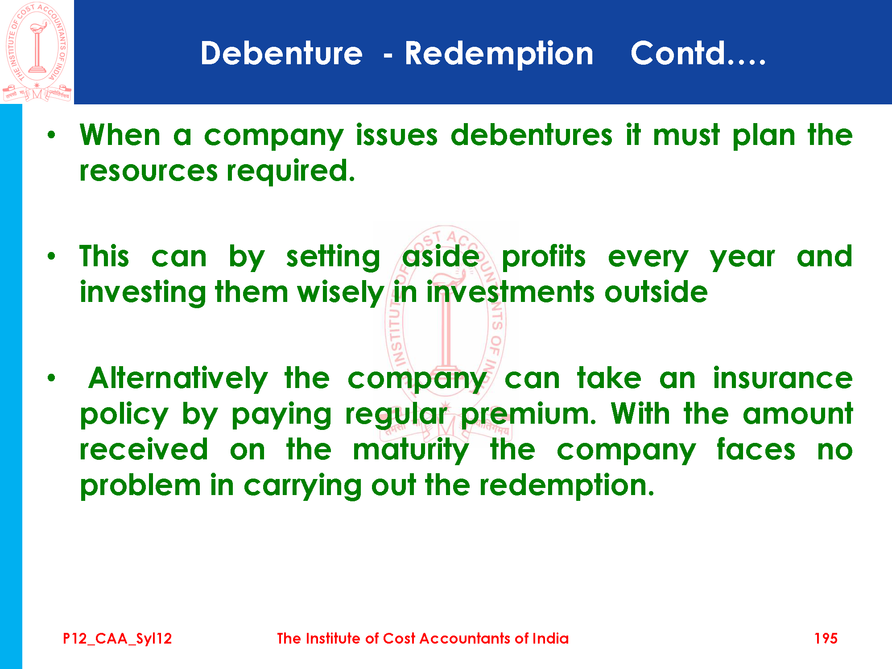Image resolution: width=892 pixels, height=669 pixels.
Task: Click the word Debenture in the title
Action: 281,54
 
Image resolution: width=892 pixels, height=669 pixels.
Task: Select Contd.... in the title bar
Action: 698,54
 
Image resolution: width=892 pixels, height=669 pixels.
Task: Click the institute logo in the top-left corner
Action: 37,52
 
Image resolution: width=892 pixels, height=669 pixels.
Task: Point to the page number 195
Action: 826,638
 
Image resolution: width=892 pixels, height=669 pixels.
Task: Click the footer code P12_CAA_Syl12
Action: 117,639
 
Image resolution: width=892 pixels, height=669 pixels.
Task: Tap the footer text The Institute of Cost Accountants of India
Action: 422,638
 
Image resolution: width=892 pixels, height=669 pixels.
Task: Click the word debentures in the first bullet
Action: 532,135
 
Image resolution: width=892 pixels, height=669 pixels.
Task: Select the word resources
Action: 149,171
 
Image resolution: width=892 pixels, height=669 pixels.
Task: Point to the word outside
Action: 656,292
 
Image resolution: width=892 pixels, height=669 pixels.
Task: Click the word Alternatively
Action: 178,378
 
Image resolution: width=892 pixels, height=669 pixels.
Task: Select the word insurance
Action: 783,378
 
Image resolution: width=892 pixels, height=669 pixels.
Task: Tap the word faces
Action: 756,449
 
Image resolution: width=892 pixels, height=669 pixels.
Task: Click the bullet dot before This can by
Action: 52,256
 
